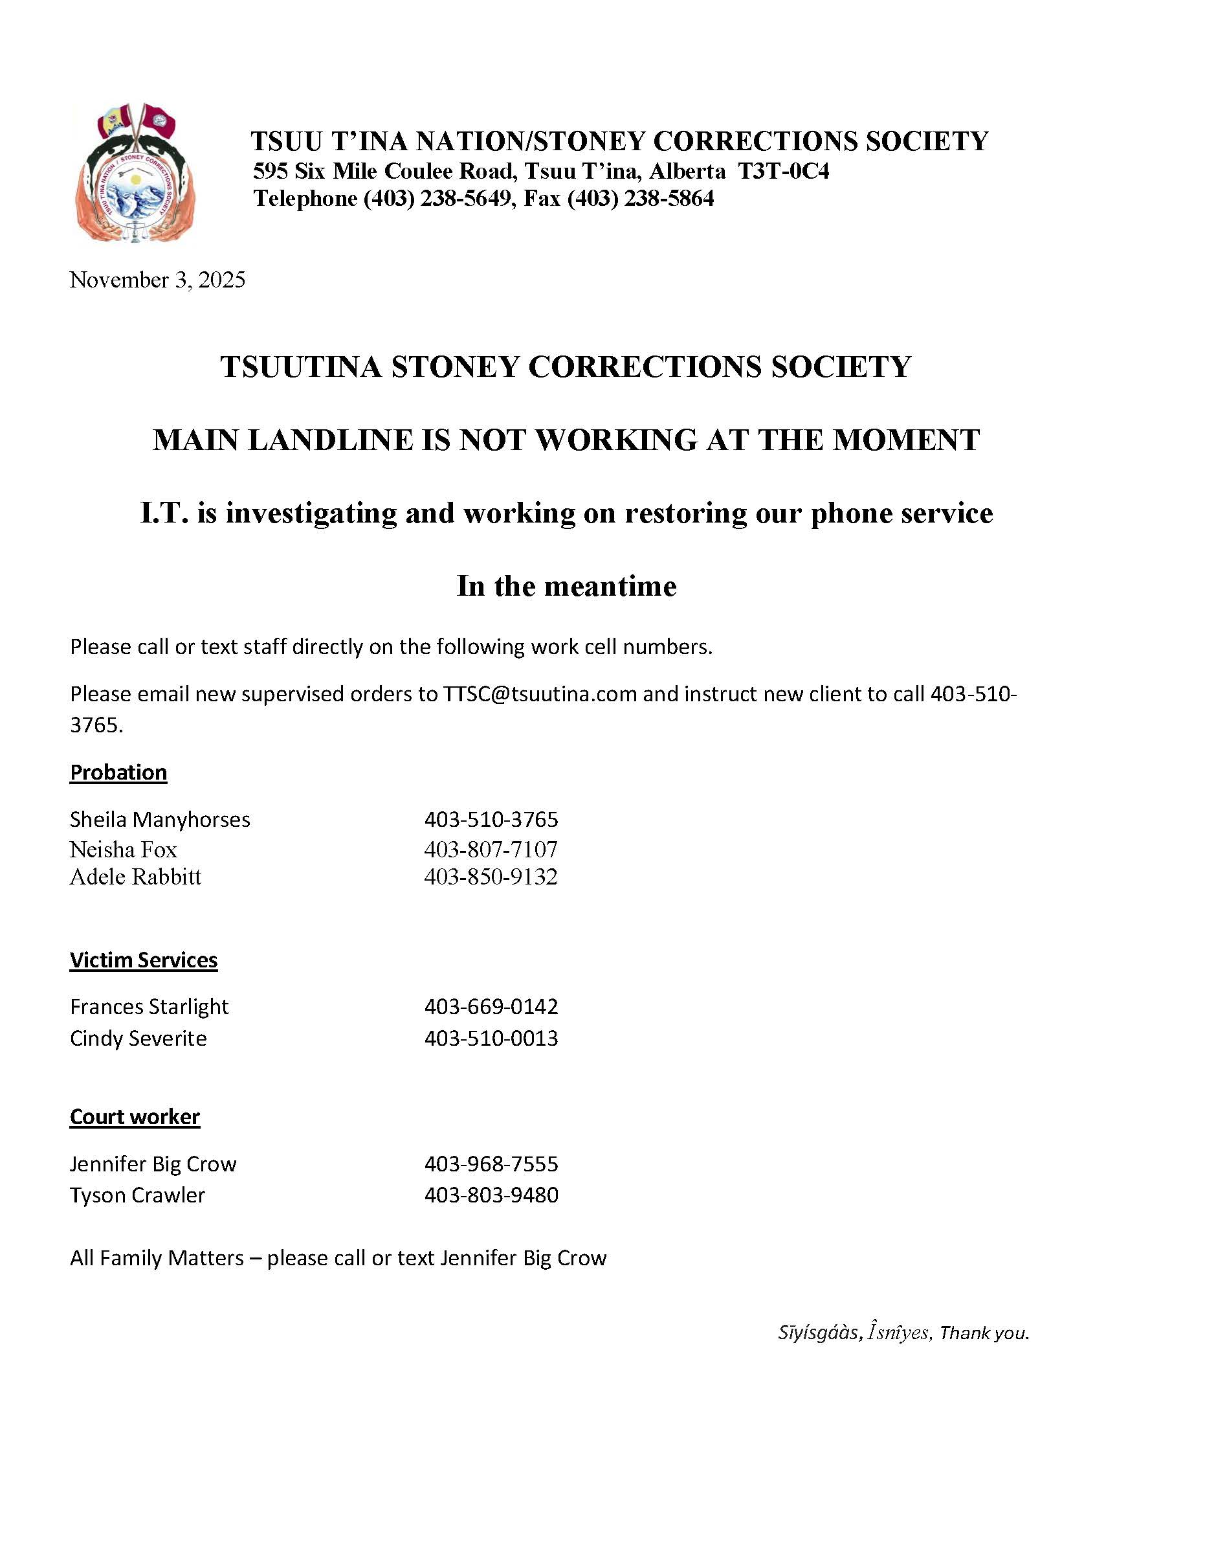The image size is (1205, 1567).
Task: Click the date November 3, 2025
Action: tap(157, 280)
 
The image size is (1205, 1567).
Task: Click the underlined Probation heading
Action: tap(118, 772)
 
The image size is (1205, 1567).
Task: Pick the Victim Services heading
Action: tap(144, 960)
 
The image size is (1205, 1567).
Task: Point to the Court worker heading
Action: tap(135, 1116)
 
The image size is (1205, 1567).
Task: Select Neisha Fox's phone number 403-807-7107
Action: tap(491, 850)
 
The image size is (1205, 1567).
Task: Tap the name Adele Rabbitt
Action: tap(135, 877)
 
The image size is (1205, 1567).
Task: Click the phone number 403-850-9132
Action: tap(491, 877)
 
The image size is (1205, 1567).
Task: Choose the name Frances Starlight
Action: tap(149, 1007)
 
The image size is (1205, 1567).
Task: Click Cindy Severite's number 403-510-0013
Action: tap(491, 1038)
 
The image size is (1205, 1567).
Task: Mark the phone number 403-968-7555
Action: tap(491, 1164)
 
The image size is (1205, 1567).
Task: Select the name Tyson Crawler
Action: tap(138, 1195)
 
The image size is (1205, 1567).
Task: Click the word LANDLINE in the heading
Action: tap(331, 440)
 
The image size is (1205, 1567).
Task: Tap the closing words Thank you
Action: tap(984, 1333)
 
